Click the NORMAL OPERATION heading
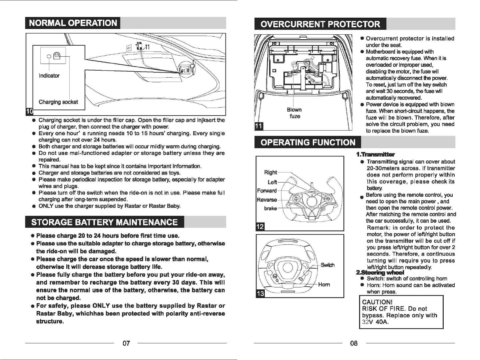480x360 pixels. [73, 23]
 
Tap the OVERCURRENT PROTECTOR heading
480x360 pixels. [320, 24]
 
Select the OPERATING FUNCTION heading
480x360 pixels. [307, 143]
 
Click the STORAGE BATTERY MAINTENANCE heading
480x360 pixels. [104, 222]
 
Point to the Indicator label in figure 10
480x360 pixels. [49, 76]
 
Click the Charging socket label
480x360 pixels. [58, 102]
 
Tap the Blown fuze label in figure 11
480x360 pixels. [294, 113]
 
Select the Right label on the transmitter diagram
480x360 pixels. [270, 173]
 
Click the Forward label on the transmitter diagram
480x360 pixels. [267, 191]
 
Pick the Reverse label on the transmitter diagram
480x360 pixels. [267, 200]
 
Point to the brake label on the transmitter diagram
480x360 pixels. [270, 208]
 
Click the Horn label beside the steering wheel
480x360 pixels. [324, 284]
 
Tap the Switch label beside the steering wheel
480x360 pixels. [328, 265]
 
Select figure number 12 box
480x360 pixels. [259, 227]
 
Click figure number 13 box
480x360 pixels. [259, 293]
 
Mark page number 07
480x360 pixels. [126, 343]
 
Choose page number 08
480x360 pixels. [354, 343]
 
